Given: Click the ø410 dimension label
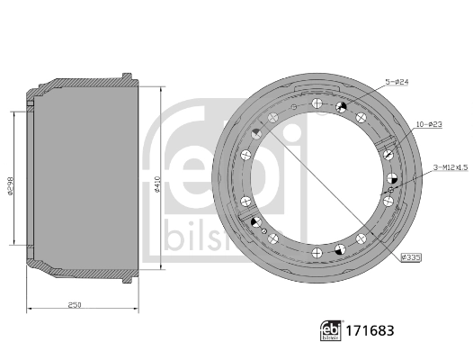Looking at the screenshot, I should [x=157, y=184].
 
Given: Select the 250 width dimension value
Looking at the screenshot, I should [x=75, y=305].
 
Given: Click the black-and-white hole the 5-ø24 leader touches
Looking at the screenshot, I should [x=342, y=108].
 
